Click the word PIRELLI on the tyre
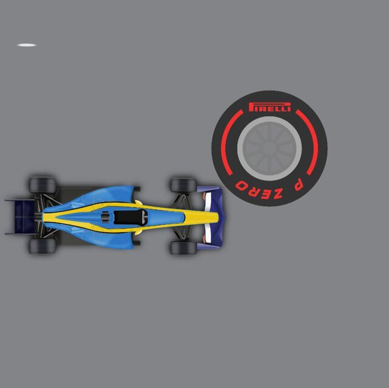[270, 107]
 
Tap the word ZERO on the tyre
[259, 190]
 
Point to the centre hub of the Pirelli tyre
[269, 148]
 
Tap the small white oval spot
[27, 45]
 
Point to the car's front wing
[211, 217]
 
